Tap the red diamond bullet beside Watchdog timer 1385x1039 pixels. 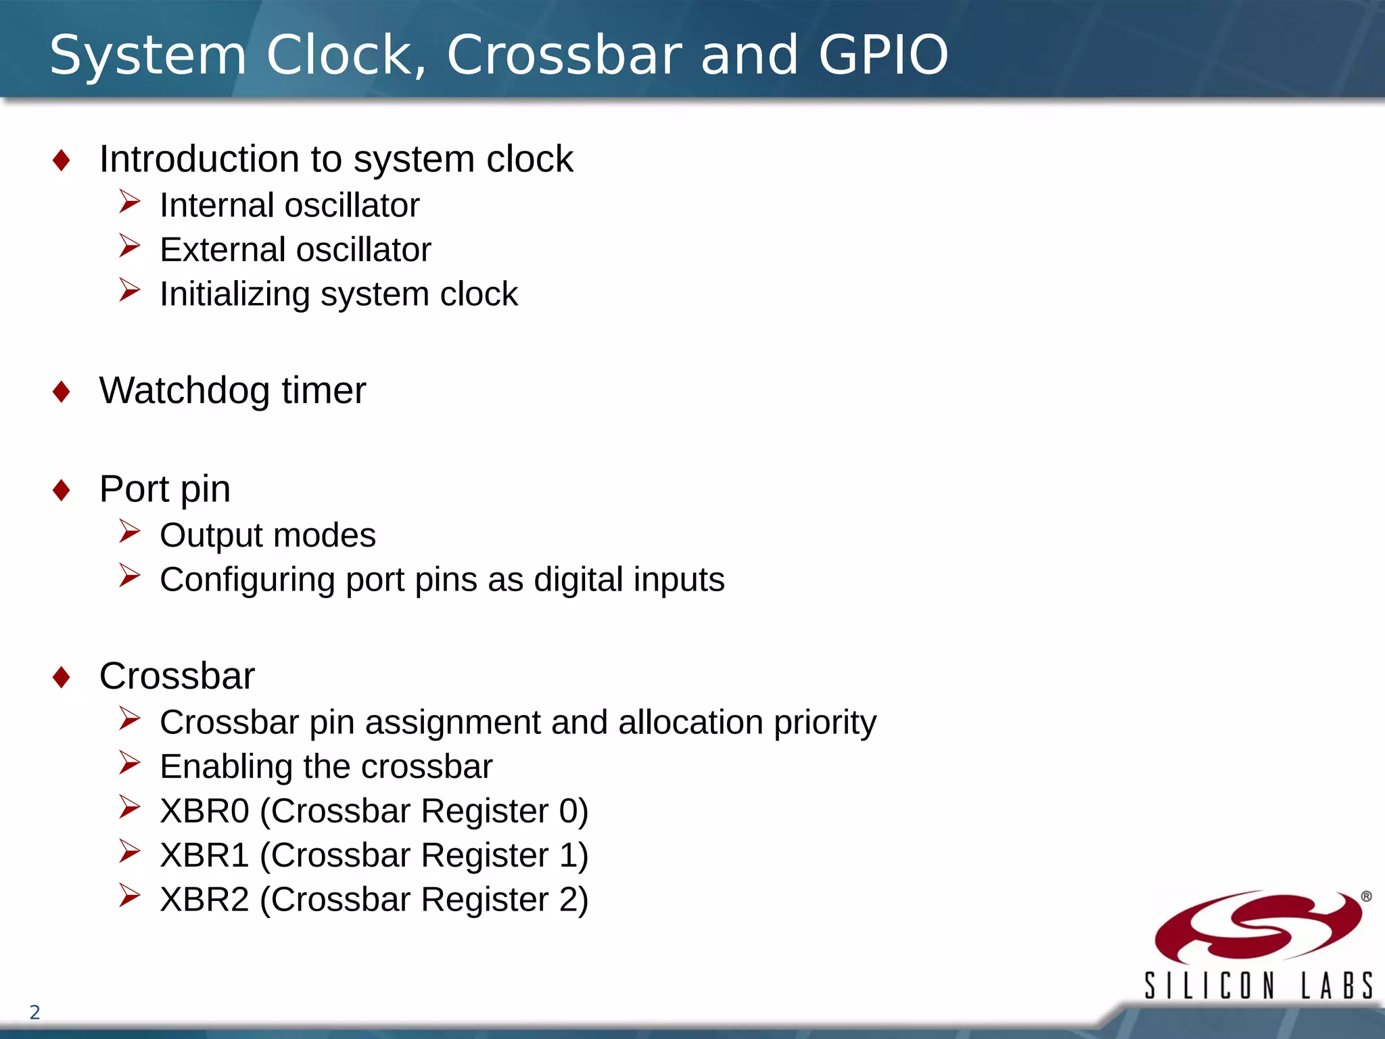(62, 392)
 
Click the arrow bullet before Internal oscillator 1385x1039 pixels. (129, 202)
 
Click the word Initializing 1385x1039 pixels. (235, 294)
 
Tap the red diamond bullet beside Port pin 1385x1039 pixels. (62, 490)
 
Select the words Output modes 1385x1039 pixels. (268, 535)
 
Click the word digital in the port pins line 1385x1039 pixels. (578, 580)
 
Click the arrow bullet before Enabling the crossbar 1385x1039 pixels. (129, 763)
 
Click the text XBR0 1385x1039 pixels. (204, 811)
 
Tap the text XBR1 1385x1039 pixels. (204, 855)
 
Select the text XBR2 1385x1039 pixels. (204, 900)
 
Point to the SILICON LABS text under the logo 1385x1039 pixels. (1258, 986)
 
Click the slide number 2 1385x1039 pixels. (35, 1013)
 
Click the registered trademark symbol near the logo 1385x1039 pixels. (1366, 896)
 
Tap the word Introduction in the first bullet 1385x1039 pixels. (199, 159)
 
